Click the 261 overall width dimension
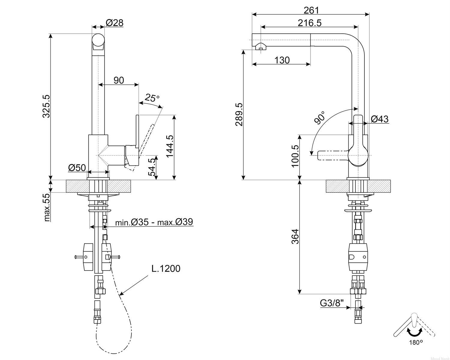pyautogui.click(x=311, y=10)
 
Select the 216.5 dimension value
pyautogui.click(x=310, y=23)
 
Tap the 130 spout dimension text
pyautogui.click(x=282, y=60)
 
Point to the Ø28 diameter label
pyautogui.click(x=114, y=23)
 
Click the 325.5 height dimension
pyautogui.click(x=46, y=106)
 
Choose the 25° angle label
pyautogui.click(x=152, y=98)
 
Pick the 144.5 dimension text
pyautogui.click(x=170, y=146)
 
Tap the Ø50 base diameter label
pyautogui.click(x=77, y=168)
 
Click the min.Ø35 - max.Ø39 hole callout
pyautogui.click(x=154, y=222)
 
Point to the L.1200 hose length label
pyautogui.click(x=166, y=268)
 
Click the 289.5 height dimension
pyautogui.click(x=239, y=114)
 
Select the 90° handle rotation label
pyautogui.click(x=320, y=118)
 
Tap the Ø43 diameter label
pyautogui.click(x=380, y=119)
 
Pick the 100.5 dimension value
pyautogui.click(x=295, y=156)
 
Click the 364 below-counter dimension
pyautogui.click(x=295, y=237)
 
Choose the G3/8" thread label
pyautogui.click(x=332, y=303)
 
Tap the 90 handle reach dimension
pyautogui.click(x=119, y=80)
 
